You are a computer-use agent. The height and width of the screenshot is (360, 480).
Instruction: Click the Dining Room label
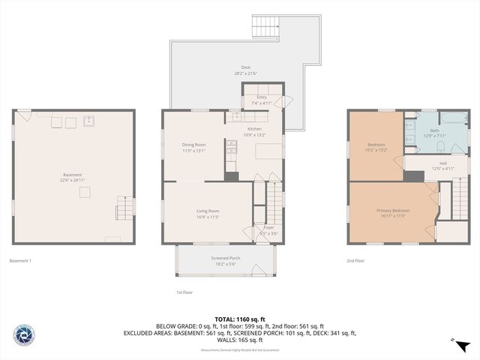click(193, 145)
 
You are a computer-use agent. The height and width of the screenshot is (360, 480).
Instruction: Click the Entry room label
click(261, 97)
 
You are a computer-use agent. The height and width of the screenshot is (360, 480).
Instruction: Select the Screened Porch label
click(225, 258)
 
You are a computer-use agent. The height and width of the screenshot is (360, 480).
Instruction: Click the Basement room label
click(72, 175)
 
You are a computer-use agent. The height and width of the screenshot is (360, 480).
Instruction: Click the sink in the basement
click(88, 120)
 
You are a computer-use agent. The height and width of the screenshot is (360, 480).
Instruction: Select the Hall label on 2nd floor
click(442, 163)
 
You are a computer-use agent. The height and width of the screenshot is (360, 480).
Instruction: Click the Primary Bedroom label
click(392, 211)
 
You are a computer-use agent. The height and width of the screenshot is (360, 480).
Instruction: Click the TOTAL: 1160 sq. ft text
click(239, 319)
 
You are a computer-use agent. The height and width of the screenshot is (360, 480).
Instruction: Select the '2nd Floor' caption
click(355, 260)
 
